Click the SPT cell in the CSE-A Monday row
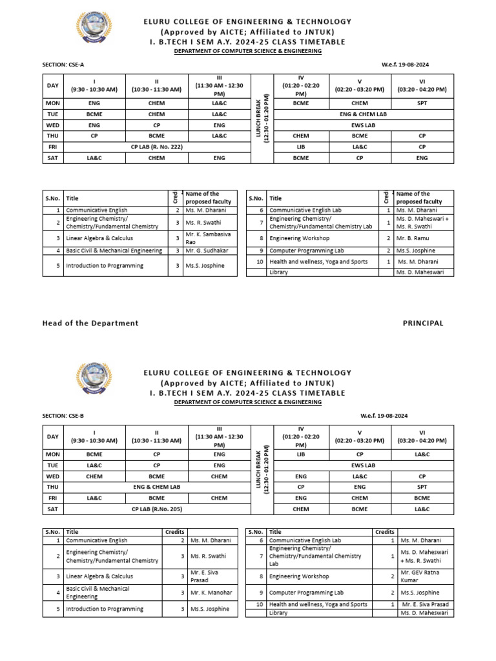422,103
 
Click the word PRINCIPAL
423,323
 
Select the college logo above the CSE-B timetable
94,383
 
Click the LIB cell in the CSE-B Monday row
301,454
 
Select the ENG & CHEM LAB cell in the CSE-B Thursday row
156,487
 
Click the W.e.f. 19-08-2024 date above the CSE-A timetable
406,65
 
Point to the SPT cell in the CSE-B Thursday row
422,487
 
